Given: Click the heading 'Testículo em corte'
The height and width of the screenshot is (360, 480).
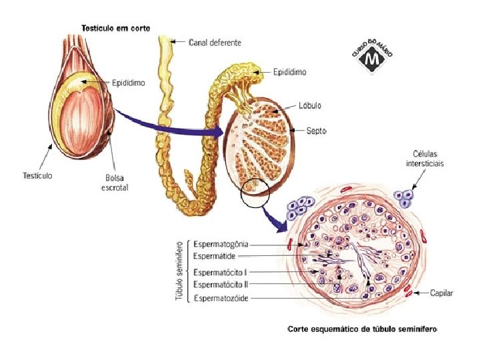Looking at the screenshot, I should [x=115, y=28].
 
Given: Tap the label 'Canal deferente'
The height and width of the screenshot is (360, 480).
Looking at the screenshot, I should [x=215, y=42].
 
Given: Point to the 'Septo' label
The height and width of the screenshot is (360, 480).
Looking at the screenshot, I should [x=316, y=131].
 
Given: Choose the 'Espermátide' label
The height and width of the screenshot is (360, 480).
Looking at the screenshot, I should [x=214, y=256].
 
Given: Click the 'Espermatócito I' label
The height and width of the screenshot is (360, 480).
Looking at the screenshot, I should [x=221, y=272].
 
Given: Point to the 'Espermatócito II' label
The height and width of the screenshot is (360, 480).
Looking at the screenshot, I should [x=221, y=284].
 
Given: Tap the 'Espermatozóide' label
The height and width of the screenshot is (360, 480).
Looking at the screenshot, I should [x=221, y=298].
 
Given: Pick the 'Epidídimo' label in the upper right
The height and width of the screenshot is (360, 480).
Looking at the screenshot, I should [x=291, y=70].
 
